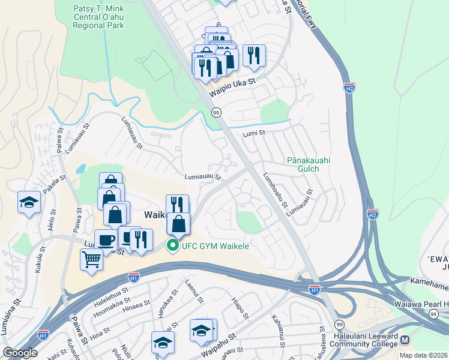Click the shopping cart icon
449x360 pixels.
click(x=91, y=260)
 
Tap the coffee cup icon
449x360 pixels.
click(x=106, y=240)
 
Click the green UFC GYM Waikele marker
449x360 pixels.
click(x=173, y=246)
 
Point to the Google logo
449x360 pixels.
click(x=20, y=353)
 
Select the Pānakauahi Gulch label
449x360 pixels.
click(x=309, y=164)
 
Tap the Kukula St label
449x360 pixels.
click(x=40, y=262)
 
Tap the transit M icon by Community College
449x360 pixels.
click(x=405, y=340)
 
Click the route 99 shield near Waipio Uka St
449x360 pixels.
click(x=216, y=112)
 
